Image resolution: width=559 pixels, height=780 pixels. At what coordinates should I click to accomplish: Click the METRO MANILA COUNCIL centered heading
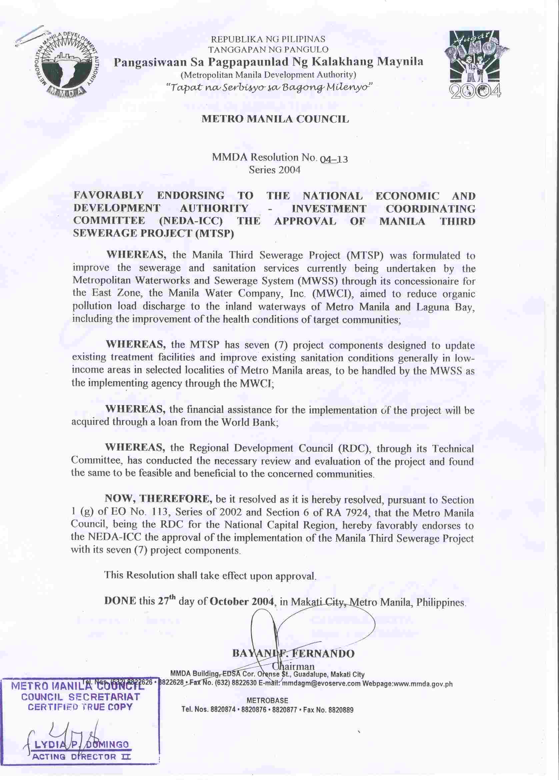coord(275,119)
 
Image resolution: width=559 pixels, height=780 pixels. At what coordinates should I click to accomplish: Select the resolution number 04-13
coord(334,159)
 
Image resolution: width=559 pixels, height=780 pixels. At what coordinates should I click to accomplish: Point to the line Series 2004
coord(275,170)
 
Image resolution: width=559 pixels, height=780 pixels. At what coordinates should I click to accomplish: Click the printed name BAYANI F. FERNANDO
coord(293,653)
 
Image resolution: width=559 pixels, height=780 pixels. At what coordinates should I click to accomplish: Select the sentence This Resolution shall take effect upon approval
coord(210,576)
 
